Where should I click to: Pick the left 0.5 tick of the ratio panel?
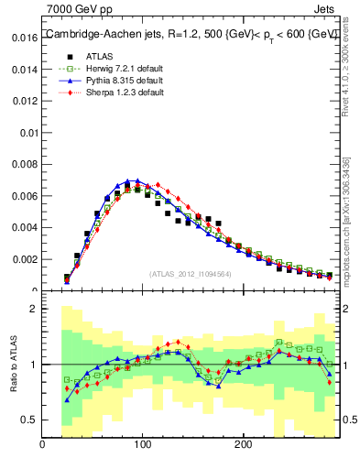pos(27,420)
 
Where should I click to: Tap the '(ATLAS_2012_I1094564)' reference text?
pos(191,272)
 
